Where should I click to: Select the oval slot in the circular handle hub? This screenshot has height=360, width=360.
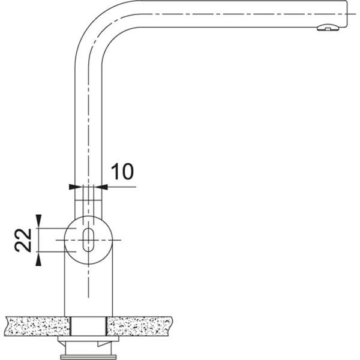(x=88, y=239)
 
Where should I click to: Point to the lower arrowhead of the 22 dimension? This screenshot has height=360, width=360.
(x=39, y=257)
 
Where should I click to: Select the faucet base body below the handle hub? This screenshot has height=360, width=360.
(x=88, y=288)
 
